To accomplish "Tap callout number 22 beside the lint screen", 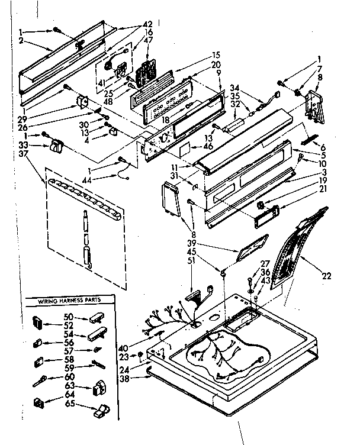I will pyautogui.click(x=326, y=275).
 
